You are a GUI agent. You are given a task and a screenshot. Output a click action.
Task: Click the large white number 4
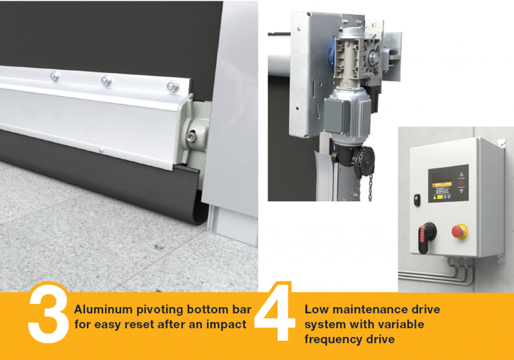[275, 311]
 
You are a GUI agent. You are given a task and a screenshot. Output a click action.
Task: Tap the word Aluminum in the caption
[103, 309]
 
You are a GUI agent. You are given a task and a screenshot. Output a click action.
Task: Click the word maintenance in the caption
[362, 309]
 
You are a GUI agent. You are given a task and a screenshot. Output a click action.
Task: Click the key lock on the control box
[417, 200]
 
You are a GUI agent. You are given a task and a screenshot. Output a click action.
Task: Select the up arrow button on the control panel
[462, 175]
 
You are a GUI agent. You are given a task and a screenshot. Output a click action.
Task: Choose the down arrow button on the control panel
[462, 191]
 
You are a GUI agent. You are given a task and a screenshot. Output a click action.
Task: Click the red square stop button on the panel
[462, 183]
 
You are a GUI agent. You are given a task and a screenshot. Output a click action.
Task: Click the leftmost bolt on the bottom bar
[54, 77]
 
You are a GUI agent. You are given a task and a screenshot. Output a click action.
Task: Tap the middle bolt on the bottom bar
[106, 81]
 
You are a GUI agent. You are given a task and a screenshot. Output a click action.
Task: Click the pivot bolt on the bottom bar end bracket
[191, 137]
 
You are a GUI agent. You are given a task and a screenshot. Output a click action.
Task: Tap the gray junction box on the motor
[337, 115]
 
